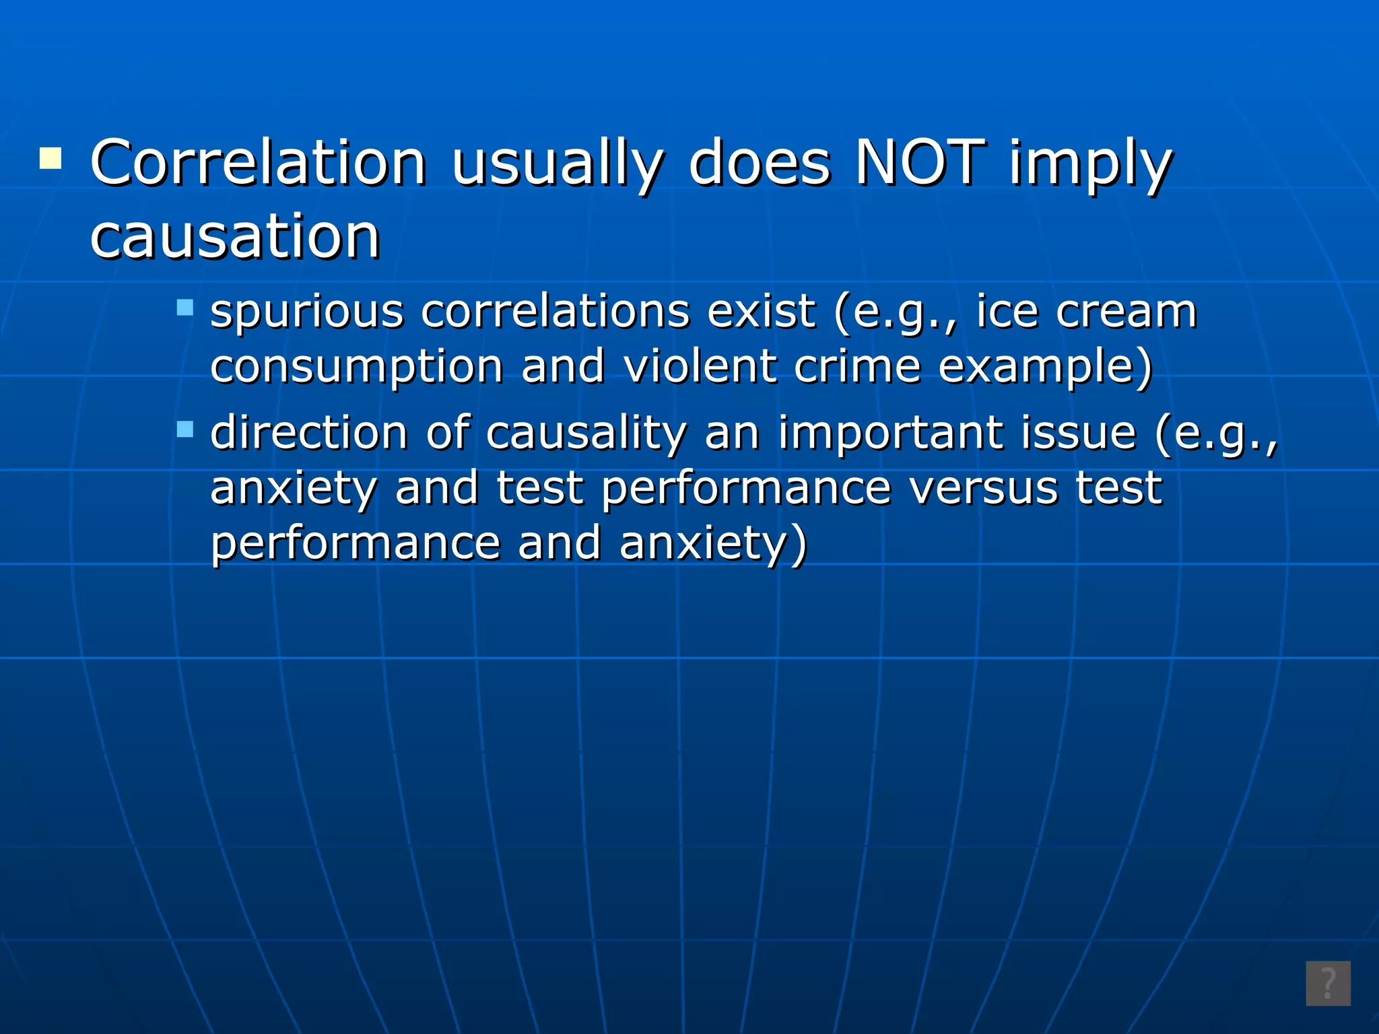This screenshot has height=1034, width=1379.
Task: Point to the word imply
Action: (x=1090, y=165)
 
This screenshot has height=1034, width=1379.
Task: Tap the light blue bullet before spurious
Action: (x=184, y=308)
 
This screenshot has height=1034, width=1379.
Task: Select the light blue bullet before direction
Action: (x=184, y=429)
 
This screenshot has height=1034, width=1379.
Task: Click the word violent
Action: (x=700, y=367)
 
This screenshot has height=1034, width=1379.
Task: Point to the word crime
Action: (x=857, y=367)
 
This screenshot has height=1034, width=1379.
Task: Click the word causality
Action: (x=586, y=433)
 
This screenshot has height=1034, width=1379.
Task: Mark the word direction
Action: (x=309, y=433)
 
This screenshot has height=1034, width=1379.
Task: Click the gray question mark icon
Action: (x=1328, y=984)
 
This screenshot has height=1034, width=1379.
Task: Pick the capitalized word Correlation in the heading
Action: (x=258, y=164)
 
